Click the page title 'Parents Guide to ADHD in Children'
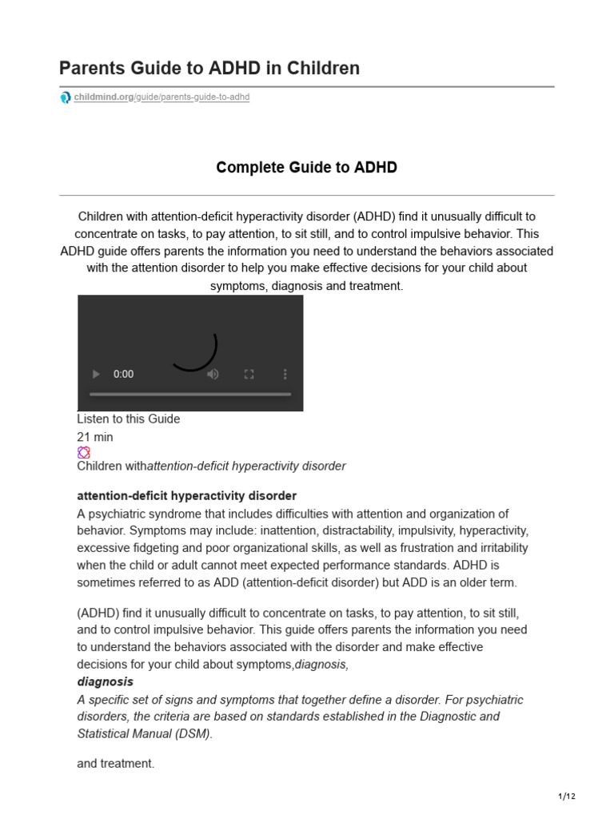click(209, 69)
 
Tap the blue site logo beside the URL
click(65, 97)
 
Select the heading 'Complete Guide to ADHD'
click(306, 168)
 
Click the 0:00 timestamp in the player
click(124, 374)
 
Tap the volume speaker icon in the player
click(213, 374)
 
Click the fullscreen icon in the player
click(249, 374)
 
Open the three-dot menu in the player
click(285, 374)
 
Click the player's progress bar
click(190, 394)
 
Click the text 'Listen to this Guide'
click(129, 419)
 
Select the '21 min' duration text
click(95, 437)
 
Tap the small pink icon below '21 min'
click(83, 452)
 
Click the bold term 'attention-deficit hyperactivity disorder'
click(186, 495)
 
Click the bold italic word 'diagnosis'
click(105, 681)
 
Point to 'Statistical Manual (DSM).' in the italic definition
click(145, 733)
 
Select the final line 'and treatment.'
click(115, 764)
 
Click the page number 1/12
click(566, 796)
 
